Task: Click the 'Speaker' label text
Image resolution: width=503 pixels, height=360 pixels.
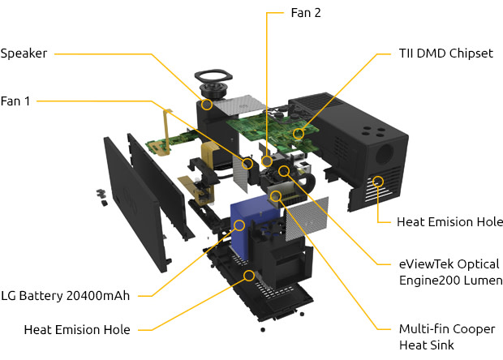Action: [x=24, y=54]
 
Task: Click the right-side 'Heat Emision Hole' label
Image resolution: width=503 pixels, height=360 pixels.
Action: [x=449, y=221]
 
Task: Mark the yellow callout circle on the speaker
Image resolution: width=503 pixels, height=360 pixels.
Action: [x=207, y=104]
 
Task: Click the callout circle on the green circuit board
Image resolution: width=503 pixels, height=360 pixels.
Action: [x=299, y=132]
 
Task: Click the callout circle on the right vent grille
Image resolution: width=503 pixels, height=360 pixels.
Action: [x=378, y=180]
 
